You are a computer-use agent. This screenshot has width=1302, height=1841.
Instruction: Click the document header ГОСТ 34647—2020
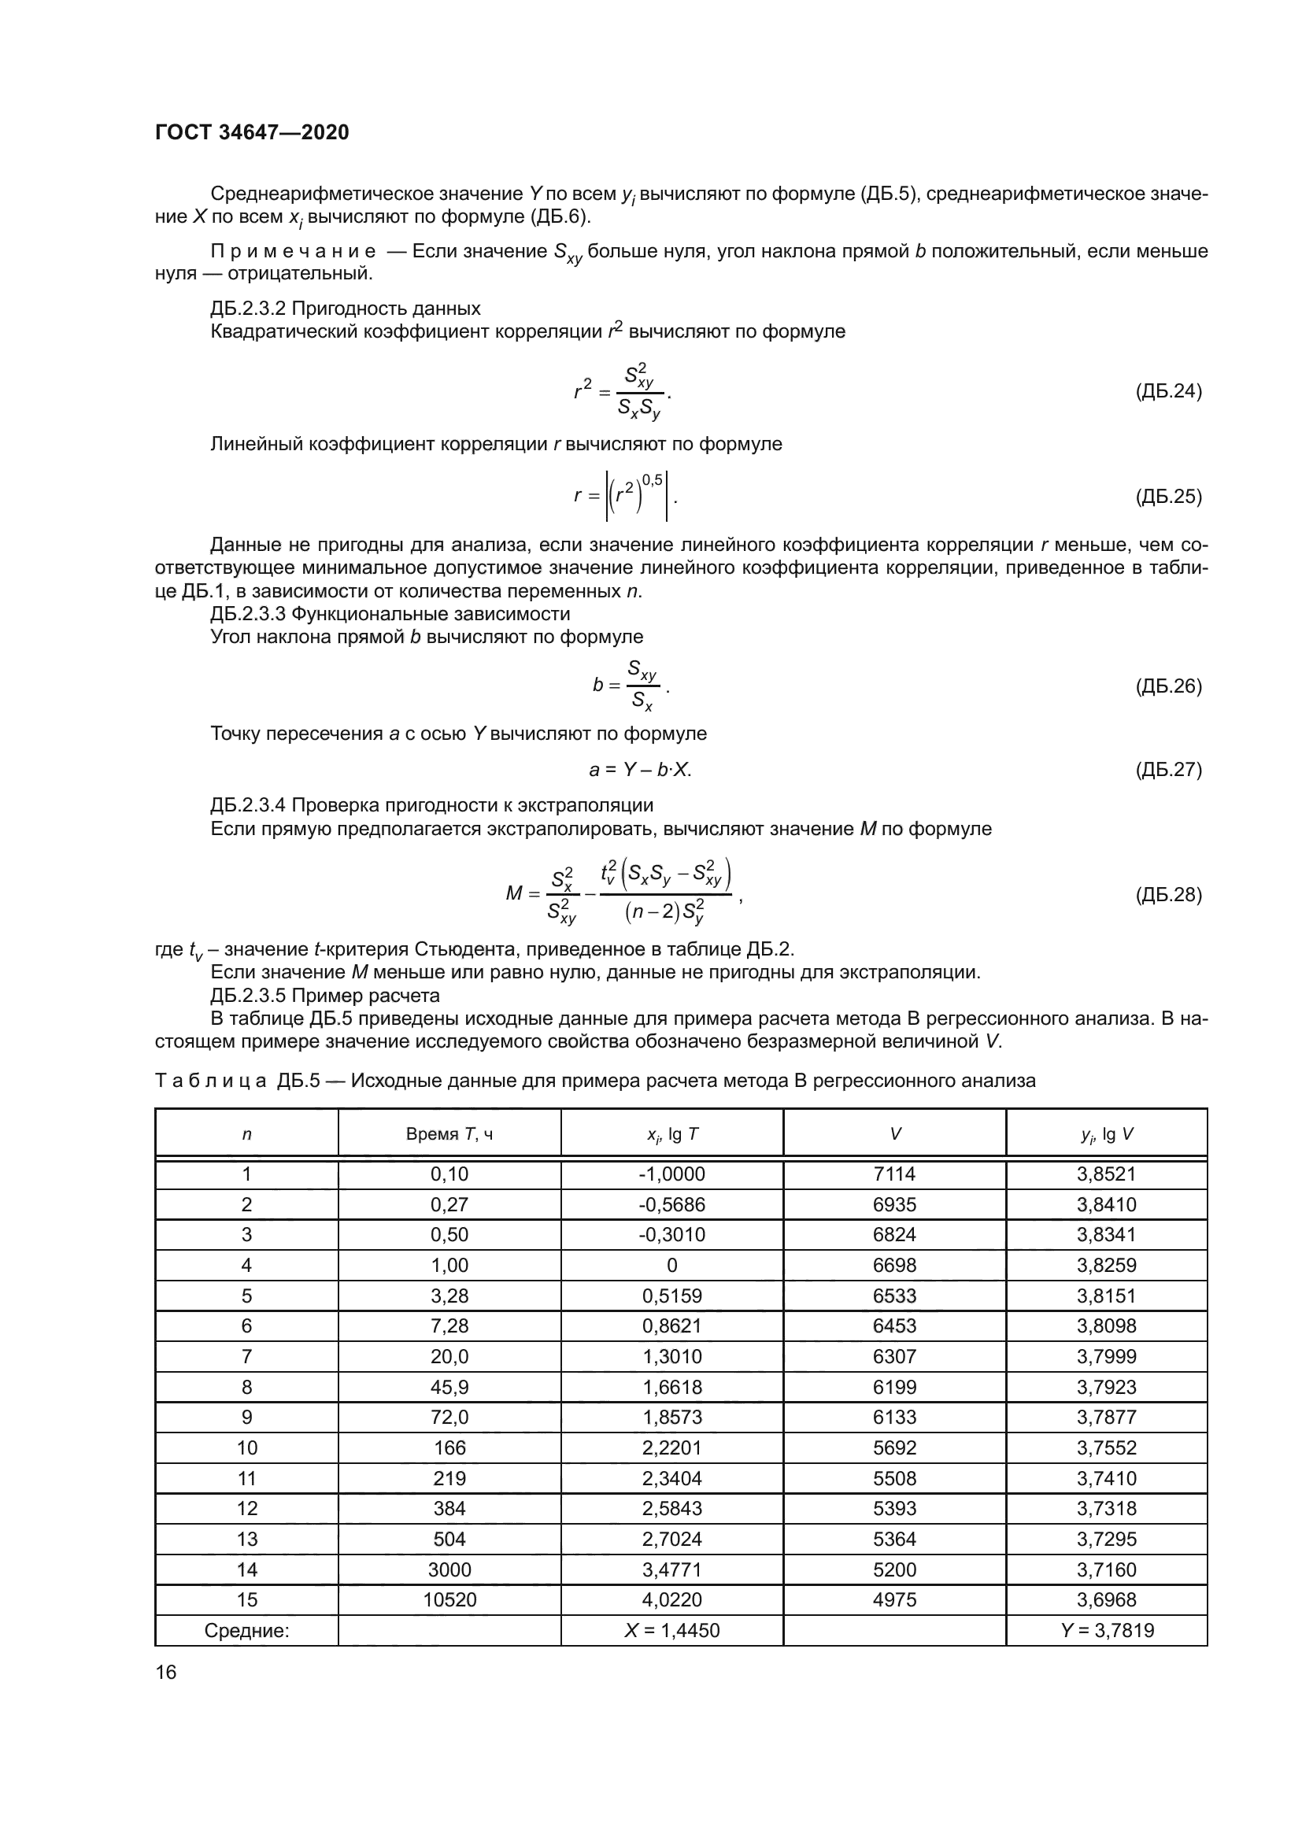(252, 132)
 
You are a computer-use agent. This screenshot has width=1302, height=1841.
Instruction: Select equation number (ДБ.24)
(1168, 391)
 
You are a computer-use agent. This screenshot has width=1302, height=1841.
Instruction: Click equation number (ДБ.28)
(1168, 894)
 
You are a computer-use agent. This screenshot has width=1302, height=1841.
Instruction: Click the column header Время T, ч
(449, 1133)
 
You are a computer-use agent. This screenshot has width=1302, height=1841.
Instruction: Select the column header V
(894, 1133)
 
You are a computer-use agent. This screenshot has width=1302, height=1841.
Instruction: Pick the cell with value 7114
(894, 1174)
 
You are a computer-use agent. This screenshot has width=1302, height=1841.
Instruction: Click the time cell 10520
(449, 1599)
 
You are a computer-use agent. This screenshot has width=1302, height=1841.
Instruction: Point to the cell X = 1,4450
(671, 1630)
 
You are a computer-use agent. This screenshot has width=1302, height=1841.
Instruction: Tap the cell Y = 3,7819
(1106, 1630)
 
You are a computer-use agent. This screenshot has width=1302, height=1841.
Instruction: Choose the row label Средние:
(246, 1630)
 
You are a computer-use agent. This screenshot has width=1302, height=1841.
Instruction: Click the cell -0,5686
(671, 1204)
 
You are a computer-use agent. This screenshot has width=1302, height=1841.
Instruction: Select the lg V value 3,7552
(1106, 1447)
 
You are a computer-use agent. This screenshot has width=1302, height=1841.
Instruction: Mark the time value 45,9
(449, 1387)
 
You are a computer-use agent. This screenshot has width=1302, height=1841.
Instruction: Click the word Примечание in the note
(293, 251)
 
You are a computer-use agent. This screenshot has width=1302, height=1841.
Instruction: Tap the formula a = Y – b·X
(640, 770)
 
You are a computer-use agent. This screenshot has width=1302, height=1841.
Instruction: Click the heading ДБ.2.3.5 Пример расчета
(324, 996)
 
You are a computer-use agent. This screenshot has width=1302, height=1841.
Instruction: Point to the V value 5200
(894, 1569)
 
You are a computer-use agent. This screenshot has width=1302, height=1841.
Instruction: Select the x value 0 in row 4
(671, 1266)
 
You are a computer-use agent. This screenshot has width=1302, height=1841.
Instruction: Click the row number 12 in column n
(246, 1508)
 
